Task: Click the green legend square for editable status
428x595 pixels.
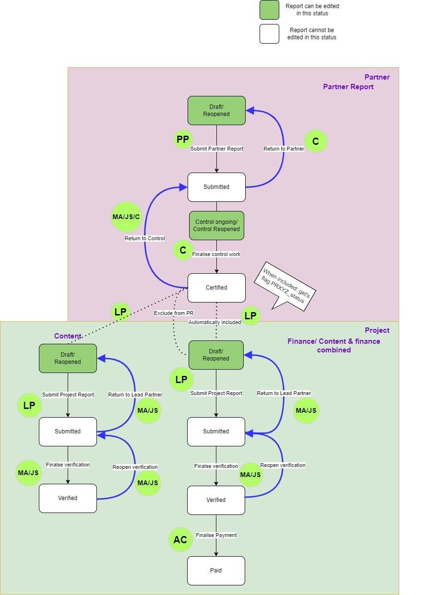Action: click(269, 10)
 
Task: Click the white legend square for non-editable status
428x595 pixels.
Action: click(269, 34)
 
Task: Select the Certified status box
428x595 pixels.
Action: click(216, 288)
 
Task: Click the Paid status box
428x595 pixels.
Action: click(216, 571)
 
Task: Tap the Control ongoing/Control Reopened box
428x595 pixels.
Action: click(216, 225)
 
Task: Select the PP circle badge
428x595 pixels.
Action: click(182, 140)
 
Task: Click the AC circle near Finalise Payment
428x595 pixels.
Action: click(180, 540)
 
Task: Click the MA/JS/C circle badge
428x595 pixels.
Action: click(126, 216)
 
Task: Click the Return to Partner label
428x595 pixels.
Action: click(284, 149)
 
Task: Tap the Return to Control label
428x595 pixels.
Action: click(145, 238)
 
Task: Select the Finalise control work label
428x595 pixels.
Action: click(216, 254)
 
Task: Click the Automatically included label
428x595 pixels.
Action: click(214, 322)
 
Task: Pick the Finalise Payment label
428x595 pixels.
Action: click(216, 535)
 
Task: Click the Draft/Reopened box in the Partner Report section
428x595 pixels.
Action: click(216, 110)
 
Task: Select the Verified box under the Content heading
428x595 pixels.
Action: click(68, 498)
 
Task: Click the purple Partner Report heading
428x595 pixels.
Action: click(348, 87)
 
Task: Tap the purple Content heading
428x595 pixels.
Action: click(68, 336)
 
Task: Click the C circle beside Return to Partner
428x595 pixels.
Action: click(316, 141)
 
